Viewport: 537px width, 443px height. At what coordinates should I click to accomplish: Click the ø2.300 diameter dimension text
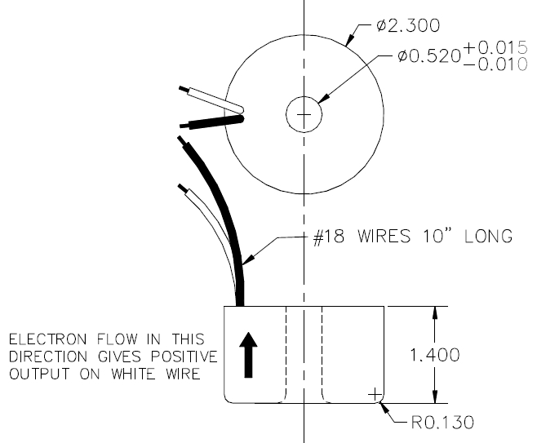point(408,25)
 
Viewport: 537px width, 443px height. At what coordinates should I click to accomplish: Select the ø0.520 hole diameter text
point(429,56)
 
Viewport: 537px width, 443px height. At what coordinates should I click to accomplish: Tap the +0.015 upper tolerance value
point(495,47)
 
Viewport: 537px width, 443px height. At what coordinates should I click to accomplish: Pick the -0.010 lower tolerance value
point(495,64)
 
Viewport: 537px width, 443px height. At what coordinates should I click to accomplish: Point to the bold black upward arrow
point(248,355)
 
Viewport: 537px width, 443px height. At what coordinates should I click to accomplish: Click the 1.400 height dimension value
point(435,355)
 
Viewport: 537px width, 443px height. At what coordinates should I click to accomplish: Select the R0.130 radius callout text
point(442,423)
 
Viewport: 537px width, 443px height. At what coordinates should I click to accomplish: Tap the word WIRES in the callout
point(384,237)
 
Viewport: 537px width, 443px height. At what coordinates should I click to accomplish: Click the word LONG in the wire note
point(488,237)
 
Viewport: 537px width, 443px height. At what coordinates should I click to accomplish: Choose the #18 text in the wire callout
point(329,237)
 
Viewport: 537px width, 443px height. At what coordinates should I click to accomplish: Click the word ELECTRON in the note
point(47,339)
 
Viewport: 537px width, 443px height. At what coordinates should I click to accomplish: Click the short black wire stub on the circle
point(211,122)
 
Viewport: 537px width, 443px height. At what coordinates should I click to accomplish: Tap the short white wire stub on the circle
point(211,100)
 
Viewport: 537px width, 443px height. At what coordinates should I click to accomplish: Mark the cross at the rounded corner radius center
point(375,395)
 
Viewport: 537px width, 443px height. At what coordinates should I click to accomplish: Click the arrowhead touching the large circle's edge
point(349,40)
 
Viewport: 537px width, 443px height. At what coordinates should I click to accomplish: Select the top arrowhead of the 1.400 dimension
point(435,313)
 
